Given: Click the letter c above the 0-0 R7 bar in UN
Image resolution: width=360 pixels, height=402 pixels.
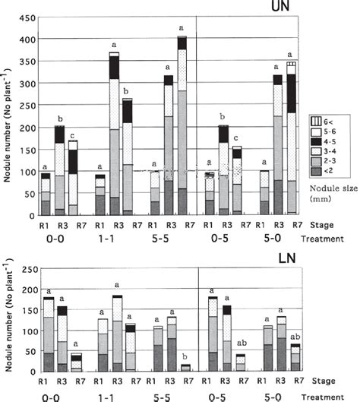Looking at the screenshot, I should pyautogui.click(x=94, y=135).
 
